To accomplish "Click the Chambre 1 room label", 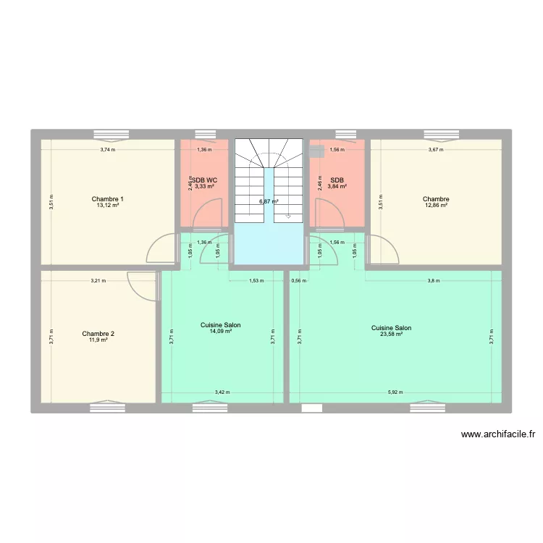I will tap(108, 199).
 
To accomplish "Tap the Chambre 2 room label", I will tap(98, 334).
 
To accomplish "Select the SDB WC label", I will tap(204, 180).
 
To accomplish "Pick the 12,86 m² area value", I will tap(436, 206).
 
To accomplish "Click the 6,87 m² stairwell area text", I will tap(269, 202).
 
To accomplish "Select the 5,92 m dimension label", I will tap(395, 392).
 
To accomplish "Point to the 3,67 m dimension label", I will tap(436, 150).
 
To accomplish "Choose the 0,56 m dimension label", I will tap(298, 280).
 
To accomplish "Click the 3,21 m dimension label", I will tap(98, 280).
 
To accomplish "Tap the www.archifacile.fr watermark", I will tap(497, 435).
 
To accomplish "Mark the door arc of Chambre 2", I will tap(140, 285).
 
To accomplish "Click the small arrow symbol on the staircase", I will tap(289, 215).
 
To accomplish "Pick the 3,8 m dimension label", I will tap(433, 280).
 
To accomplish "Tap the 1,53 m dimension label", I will tap(256, 280).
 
